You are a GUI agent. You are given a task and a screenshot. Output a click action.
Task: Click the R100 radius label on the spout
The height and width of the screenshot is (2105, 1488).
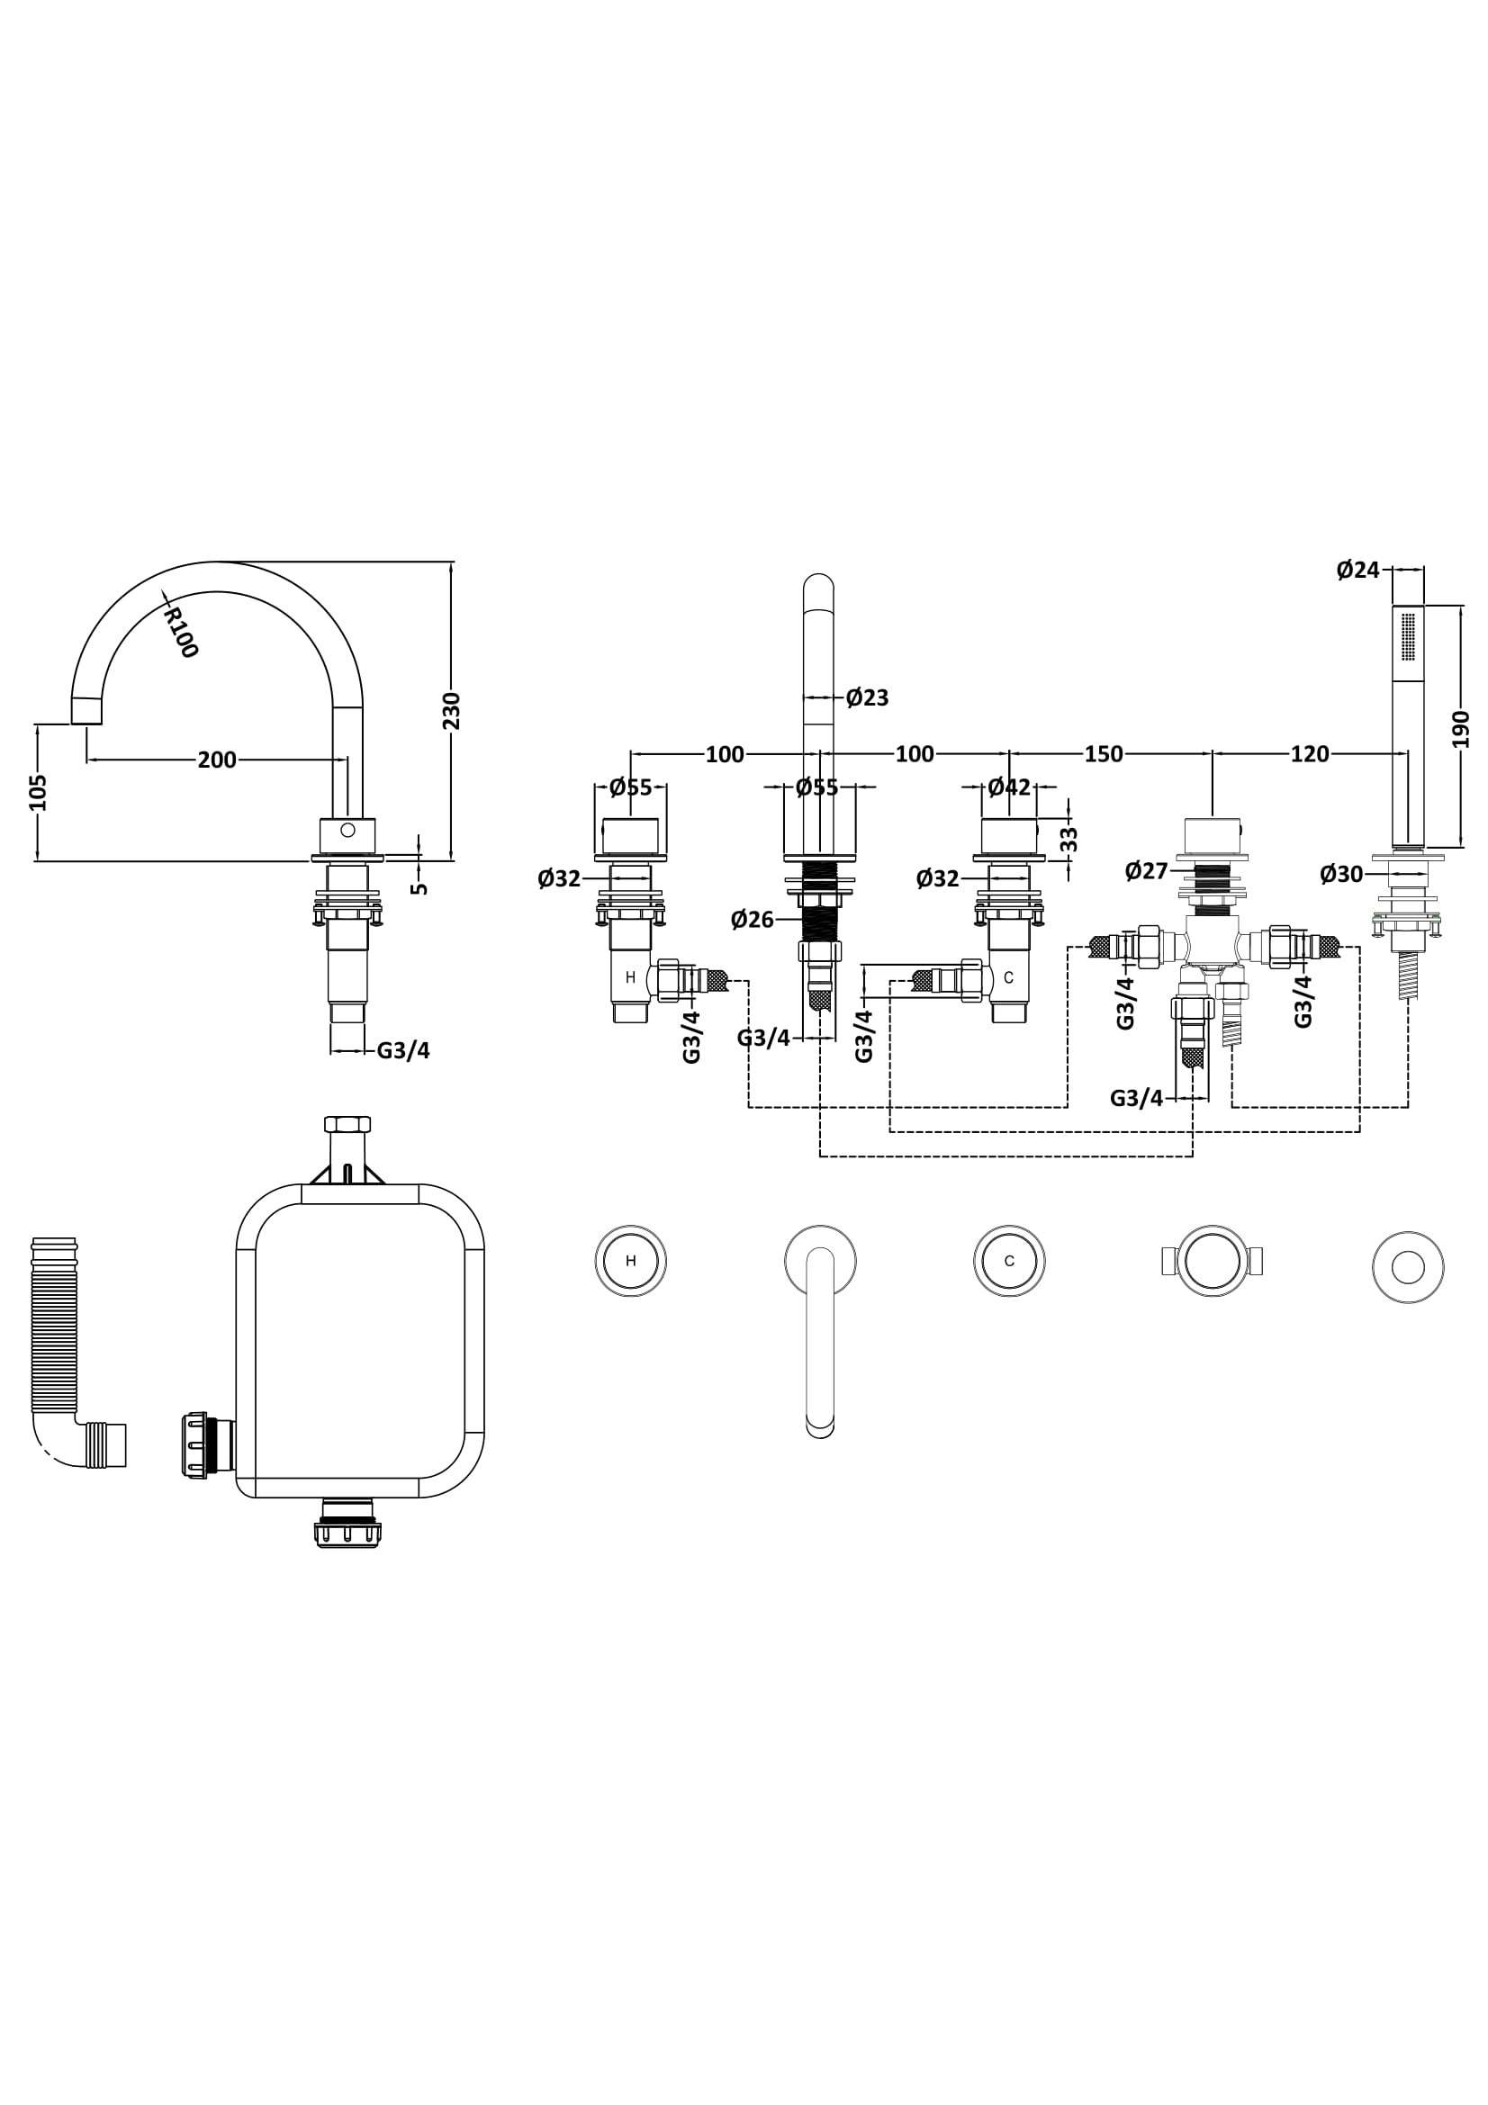pyautogui.click(x=181, y=632)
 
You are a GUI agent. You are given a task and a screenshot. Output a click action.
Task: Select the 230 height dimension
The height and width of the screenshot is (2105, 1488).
pyautogui.click(x=451, y=711)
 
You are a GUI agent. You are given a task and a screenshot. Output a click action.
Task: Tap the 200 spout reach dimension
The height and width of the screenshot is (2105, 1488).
pyautogui.click(x=217, y=760)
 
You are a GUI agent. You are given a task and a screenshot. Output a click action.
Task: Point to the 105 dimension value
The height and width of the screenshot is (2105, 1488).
pyautogui.click(x=38, y=792)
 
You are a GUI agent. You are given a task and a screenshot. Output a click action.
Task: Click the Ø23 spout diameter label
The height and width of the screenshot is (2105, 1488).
pyautogui.click(x=866, y=697)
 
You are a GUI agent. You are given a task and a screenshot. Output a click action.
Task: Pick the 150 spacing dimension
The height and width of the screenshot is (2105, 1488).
pyautogui.click(x=1103, y=753)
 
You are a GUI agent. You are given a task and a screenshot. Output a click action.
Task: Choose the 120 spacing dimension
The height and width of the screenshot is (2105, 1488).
pyautogui.click(x=1309, y=753)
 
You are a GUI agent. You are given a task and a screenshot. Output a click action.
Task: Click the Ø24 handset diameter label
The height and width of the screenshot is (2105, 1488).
pyautogui.click(x=1357, y=570)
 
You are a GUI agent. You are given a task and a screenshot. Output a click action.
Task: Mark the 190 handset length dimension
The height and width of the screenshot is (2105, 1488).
pyautogui.click(x=1460, y=729)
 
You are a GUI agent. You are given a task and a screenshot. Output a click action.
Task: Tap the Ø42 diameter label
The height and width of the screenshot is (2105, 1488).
pyautogui.click(x=1008, y=787)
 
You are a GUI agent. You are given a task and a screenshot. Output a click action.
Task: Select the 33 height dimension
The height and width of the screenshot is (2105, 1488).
pyautogui.click(x=1069, y=839)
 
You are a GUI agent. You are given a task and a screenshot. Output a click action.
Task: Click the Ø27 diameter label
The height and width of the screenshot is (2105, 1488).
pyautogui.click(x=1146, y=870)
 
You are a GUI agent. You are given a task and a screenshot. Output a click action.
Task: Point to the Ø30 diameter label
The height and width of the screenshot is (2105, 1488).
pyautogui.click(x=1341, y=874)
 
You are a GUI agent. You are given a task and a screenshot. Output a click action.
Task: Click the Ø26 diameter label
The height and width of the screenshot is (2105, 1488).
pyautogui.click(x=752, y=919)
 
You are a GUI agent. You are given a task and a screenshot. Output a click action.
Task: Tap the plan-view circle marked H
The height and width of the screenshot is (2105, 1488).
pyautogui.click(x=631, y=1261)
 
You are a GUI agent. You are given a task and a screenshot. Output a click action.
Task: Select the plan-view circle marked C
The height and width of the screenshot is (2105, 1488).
pyautogui.click(x=1009, y=1261)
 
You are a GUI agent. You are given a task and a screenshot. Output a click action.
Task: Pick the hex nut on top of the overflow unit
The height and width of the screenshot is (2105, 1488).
pyautogui.click(x=347, y=1124)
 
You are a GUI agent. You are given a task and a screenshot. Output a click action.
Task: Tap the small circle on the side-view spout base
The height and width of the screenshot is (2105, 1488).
pyautogui.click(x=347, y=830)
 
